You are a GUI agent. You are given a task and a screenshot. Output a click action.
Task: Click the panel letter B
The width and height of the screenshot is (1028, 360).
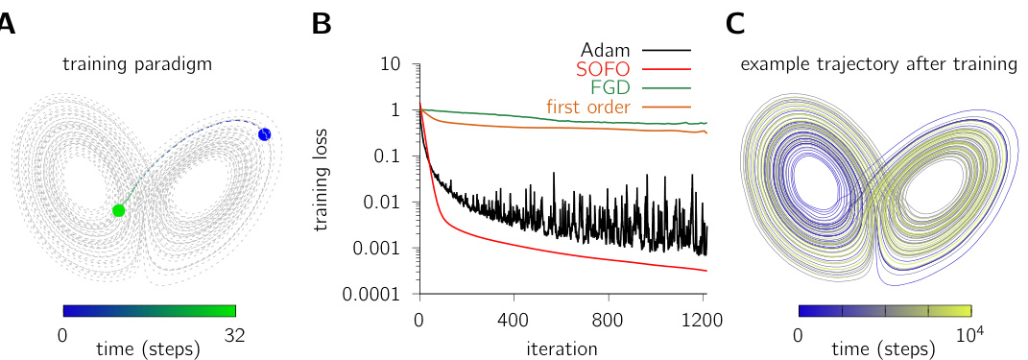click(322, 24)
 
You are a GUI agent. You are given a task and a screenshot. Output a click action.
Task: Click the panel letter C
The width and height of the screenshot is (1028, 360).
click(736, 24)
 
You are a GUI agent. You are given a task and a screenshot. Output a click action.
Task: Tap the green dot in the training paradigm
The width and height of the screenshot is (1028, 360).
click(118, 210)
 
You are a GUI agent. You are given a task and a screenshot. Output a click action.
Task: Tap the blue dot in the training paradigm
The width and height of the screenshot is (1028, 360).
click(265, 134)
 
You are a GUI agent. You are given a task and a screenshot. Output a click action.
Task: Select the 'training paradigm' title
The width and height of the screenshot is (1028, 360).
click(137, 64)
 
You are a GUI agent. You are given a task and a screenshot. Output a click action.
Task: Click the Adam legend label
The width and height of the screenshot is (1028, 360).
click(606, 49)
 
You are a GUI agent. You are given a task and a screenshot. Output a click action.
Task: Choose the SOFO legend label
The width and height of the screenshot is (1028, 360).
click(604, 68)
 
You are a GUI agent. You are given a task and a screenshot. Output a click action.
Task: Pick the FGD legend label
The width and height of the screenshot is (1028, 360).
click(610, 87)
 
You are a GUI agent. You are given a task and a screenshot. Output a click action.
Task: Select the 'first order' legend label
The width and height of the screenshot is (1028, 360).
click(588, 107)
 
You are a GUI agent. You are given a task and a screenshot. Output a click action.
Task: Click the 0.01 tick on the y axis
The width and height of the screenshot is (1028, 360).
click(385, 203)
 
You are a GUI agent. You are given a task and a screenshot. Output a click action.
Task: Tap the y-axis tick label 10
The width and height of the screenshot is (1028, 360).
click(391, 64)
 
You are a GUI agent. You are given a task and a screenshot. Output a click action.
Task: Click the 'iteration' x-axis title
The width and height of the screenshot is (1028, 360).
click(562, 348)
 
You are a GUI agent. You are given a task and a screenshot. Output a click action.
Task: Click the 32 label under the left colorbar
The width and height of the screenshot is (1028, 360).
click(235, 335)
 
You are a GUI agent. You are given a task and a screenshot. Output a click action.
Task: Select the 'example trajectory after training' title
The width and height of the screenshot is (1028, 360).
click(878, 64)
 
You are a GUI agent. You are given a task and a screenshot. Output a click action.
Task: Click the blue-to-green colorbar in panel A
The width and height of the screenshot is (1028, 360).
click(149, 310)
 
